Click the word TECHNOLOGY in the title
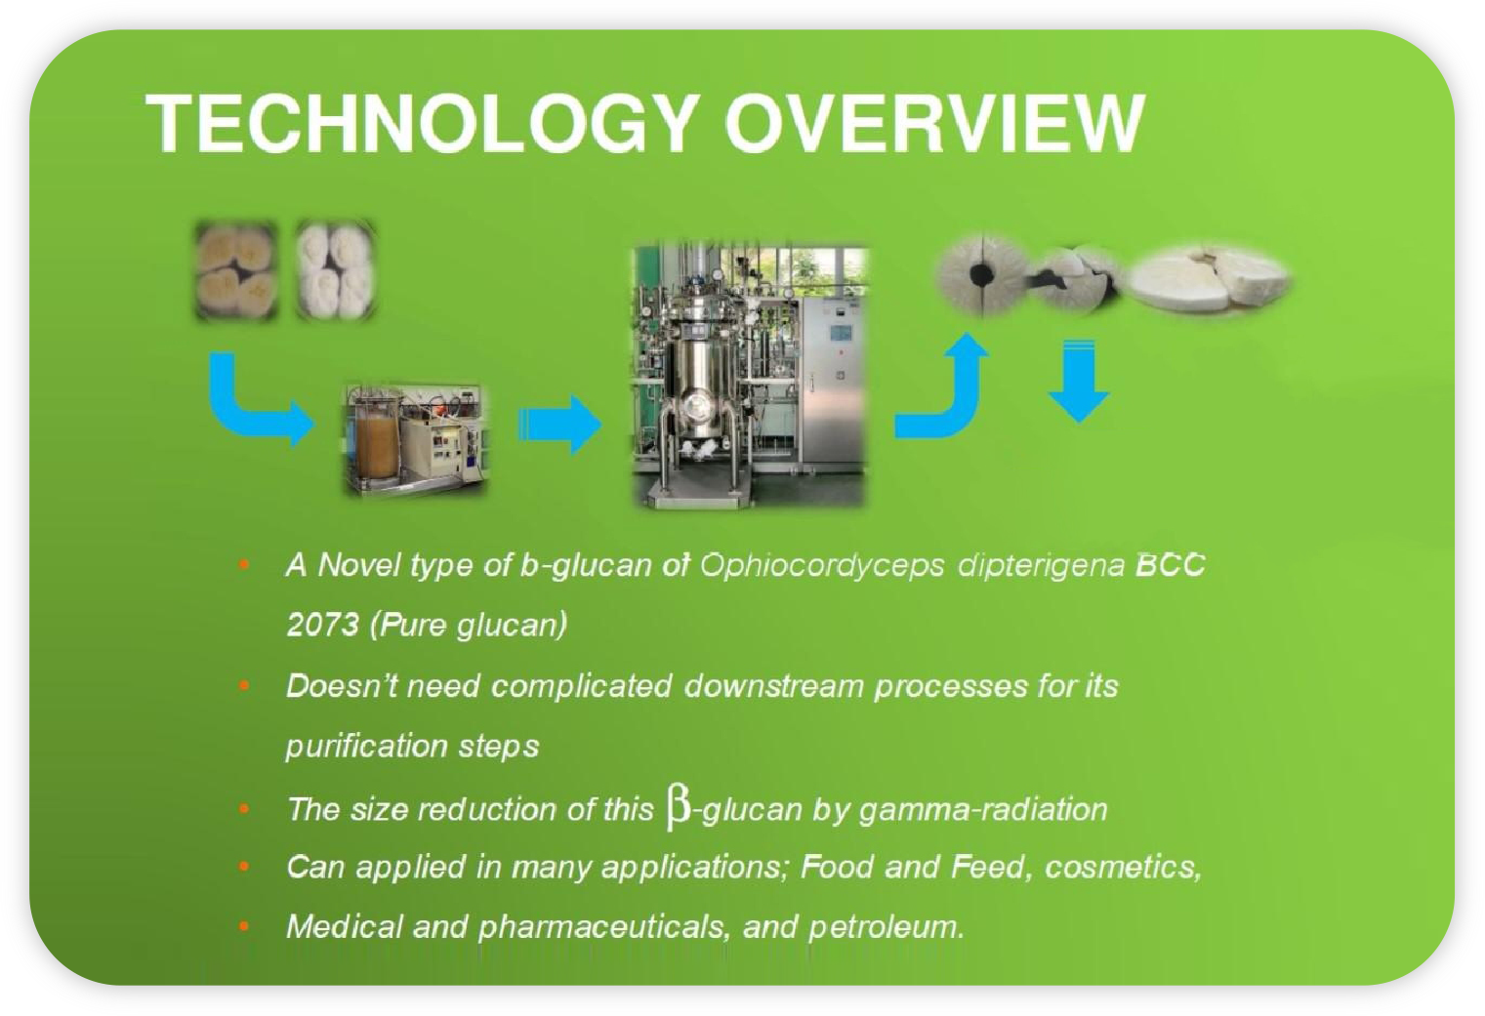pyautogui.click(x=423, y=124)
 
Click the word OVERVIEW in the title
pyautogui.click(x=934, y=124)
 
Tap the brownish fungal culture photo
pyautogui.click(x=236, y=270)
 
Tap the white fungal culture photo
pyautogui.click(x=336, y=270)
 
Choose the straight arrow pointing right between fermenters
pyautogui.click(x=560, y=425)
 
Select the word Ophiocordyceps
pyautogui.click(x=822, y=566)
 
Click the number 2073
pyautogui.click(x=323, y=625)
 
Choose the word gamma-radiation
pyautogui.click(x=983, y=810)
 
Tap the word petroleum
pyautogui.click(x=887, y=927)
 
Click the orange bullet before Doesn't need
pyautogui.click(x=245, y=685)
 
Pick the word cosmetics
pyautogui.click(x=1123, y=868)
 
